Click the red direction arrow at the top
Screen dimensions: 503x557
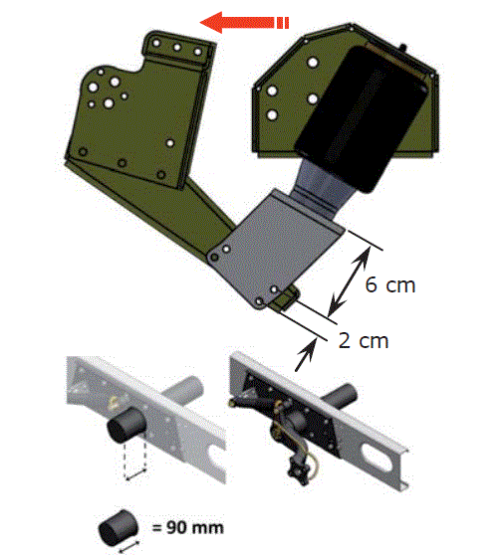244,22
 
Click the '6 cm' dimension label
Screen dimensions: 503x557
390,285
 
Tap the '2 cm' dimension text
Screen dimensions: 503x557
364,340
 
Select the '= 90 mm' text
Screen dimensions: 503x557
188,527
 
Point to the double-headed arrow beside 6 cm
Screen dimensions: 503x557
349,280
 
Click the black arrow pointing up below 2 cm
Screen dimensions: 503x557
306,354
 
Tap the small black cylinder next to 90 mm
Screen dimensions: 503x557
118,527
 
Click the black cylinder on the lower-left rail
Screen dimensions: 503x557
126,425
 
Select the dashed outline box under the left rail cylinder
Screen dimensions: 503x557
134,459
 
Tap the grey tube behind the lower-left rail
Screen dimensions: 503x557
185,391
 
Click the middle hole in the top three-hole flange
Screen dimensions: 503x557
177,48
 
